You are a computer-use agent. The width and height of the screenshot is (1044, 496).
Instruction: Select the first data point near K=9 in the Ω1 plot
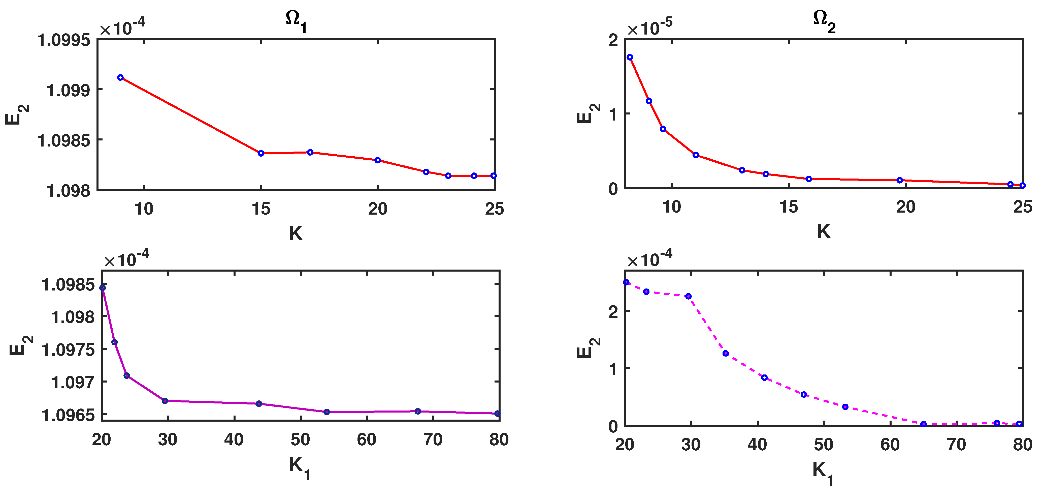click(x=120, y=77)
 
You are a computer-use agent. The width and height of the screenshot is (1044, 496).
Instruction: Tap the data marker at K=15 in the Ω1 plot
click(x=261, y=153)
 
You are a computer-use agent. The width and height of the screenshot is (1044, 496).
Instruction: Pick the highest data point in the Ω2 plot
click(x=630, y=57)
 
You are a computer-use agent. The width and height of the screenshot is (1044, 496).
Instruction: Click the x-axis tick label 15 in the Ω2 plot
click(x=789, y=207)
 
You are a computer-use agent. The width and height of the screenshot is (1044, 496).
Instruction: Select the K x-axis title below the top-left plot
click(x=296, y=234)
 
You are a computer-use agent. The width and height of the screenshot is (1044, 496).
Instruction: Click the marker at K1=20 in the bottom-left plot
click(x=103, y=288)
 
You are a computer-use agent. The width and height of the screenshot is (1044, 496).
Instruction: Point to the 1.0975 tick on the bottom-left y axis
click(x=68, y=349)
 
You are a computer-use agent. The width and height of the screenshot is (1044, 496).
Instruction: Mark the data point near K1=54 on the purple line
click(x=327, y=412)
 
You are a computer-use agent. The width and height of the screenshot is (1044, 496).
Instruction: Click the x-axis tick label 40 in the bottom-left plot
click(x=234, y=440)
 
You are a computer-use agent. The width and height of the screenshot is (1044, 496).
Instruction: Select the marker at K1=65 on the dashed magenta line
click(x=924, y=424)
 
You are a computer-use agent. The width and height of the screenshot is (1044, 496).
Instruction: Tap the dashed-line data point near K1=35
click(x=726, y=354)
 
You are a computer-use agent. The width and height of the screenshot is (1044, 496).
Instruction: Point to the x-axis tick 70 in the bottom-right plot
click(x=957, y=445)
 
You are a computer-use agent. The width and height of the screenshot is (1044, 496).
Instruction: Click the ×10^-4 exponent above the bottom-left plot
click(x=126, y=258)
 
